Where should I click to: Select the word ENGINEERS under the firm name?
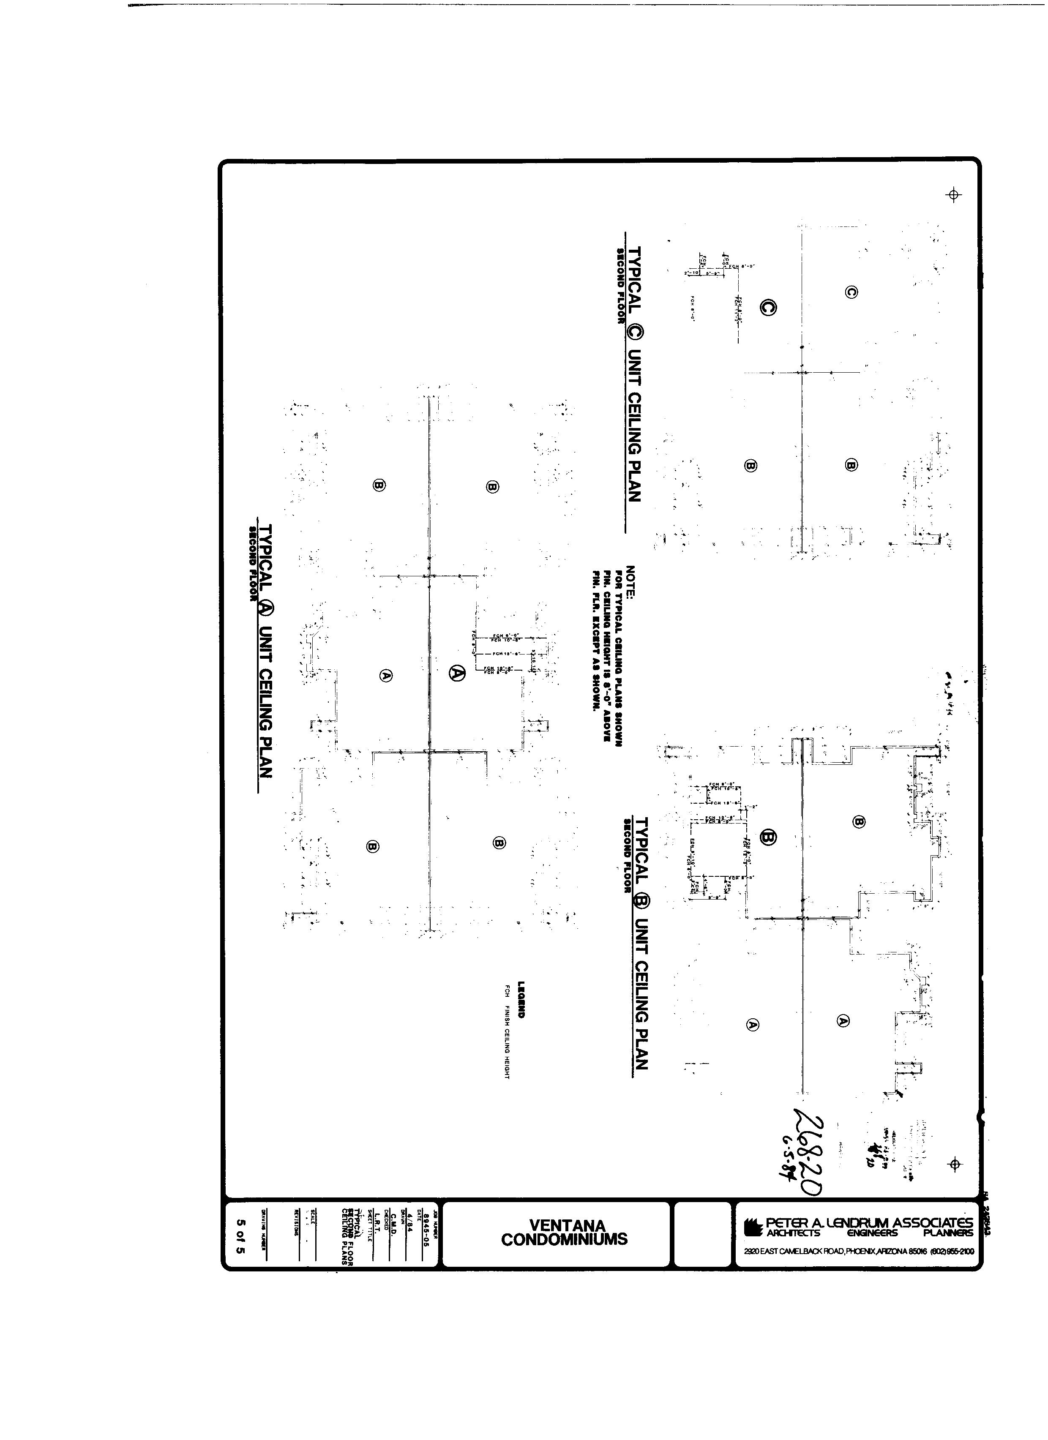tap(872, 1233)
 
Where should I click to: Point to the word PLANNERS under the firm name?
tap(948, 1233)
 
